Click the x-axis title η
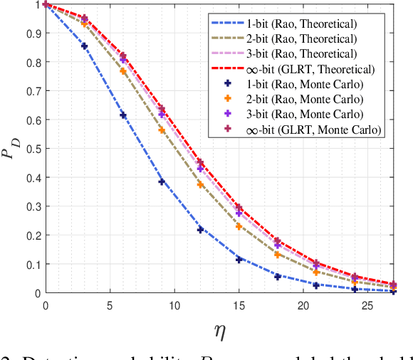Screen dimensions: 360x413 tap(220, 329)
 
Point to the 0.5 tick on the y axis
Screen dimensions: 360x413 tap(33, 149)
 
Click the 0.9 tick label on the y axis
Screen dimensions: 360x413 tap(33, 33)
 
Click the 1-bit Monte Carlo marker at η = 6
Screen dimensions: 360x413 tap(123, 115)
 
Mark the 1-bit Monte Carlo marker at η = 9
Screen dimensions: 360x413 tap(162, 181)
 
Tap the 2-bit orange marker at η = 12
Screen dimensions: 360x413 tap(200, 185)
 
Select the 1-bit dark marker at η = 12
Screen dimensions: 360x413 tap(200, 230)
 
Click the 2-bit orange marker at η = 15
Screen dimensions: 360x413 tap(239, 226)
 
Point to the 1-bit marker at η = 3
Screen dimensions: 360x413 tap(84, 46)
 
